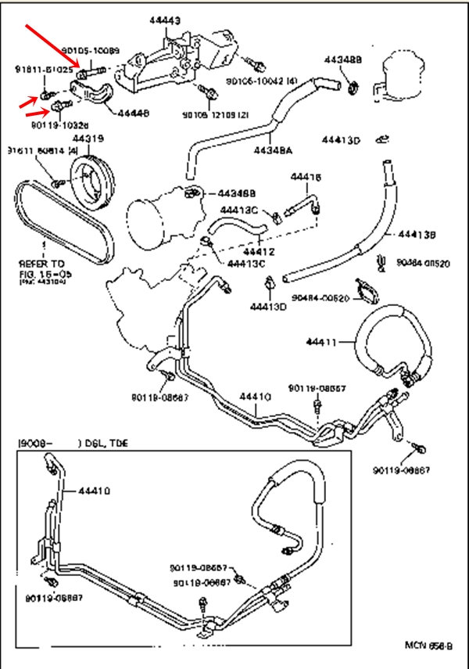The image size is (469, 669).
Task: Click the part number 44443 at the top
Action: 166,20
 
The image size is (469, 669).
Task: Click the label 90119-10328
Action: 60,124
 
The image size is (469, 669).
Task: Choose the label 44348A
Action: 272,150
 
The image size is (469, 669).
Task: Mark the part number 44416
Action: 306,178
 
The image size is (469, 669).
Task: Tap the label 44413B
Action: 417,234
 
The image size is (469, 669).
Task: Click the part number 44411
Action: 320,342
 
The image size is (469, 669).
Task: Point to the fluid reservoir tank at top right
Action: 405,74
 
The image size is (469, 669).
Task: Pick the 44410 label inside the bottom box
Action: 94,491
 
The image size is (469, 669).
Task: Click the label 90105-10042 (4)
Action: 262,81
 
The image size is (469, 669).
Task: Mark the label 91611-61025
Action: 44,70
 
